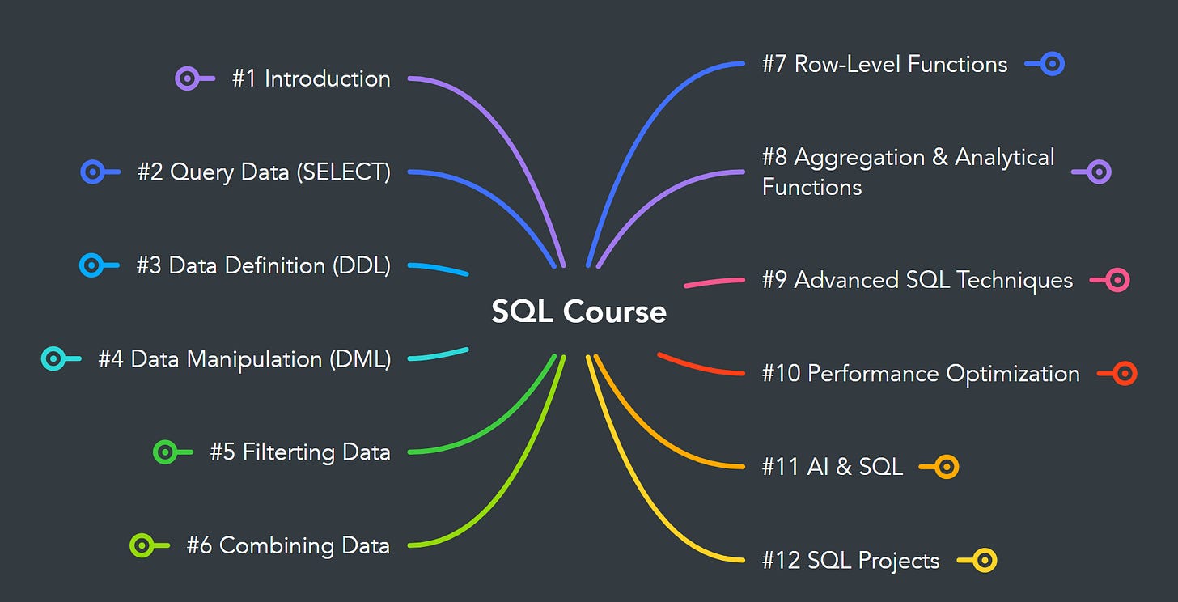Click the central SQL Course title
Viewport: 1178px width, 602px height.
pyautogui.click(x=578, y=312)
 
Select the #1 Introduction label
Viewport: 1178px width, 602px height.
pyautogui.click(x=311, y=78)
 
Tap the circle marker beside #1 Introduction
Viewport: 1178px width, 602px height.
pyautogui.click(x=187, y=78)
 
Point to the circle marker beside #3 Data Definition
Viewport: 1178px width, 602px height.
pyautogui.click(x=91, y=265)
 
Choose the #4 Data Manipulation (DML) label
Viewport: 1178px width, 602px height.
pyautogui.click(x=244, y=358)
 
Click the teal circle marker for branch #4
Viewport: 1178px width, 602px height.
pyautogui.click(x=53, y=358)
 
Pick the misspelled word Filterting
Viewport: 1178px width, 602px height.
pyautogui.click(x=280, y=451)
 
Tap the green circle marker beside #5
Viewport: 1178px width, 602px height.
pyautogui.click(x=165, y=451)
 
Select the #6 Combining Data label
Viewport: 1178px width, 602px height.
pyautogui.click(x=288, y=545)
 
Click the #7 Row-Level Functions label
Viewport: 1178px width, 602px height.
pyautogui.click(x=884, y=64)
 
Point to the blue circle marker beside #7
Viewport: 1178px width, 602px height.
pyautogui.click(x=1052, y=64)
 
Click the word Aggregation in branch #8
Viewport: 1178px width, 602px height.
pyautogui.click(x=859, y=157)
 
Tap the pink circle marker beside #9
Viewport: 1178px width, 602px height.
pyautogui.click(x=1117, y=280)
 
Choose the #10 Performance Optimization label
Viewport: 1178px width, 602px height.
pyautogui.click(x=921, y=374)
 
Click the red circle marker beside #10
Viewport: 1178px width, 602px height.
pyautogui.click(x=1125, y=374)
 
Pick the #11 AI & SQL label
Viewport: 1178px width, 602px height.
pyautogui.click(x=832, y=467)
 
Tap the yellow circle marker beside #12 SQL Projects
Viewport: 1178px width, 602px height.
pyautogui.click(x=984, y=560)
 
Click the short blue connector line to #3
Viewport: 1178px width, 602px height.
pyautogui.click(x=439, y=269)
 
